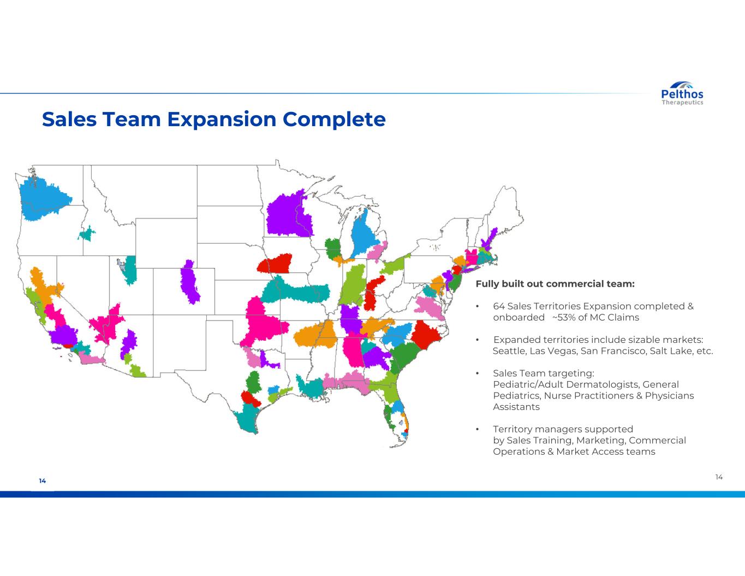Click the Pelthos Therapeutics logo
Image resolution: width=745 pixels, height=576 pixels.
click(x=682, y=93)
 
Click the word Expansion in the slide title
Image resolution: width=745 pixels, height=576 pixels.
click(x=222, y=120)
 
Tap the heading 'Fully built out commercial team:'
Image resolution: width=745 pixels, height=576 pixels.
click(x=555, y=284)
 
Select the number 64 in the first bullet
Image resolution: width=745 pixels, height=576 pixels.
click(x=498, y=306)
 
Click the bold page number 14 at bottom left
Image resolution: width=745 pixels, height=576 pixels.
click(x=43, y=480)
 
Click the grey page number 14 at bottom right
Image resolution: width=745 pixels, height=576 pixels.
click(x=719, y=477)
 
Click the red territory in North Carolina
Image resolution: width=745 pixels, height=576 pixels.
click(x=425, y=334)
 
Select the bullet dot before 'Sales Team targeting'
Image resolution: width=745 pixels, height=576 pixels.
click(x=477, y=373)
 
